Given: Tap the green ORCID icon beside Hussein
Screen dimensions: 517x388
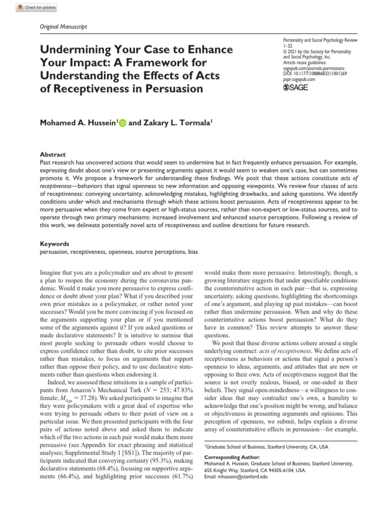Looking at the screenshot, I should coord(123,123).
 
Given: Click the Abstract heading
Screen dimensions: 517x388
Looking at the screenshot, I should coord(53,154).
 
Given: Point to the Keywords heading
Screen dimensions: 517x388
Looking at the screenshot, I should coord(55,243).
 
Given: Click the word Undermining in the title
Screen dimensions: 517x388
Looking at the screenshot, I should coord(75,50).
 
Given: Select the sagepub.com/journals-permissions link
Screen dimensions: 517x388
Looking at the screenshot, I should coord(314,68).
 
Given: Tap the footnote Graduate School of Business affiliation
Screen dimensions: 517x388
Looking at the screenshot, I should coord(266,447).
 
